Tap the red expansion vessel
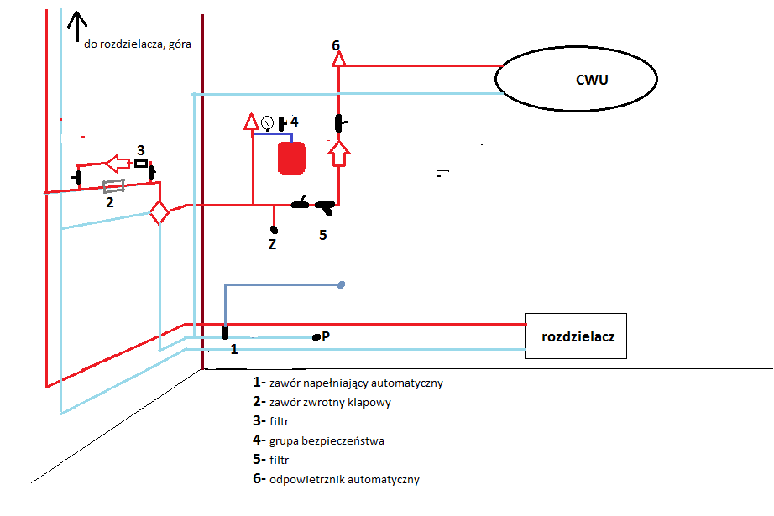point(292,158)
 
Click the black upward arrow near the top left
point(77,26)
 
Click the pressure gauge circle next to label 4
point(267,122)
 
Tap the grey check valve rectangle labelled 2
point(113,186)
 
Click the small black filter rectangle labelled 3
point(141,164)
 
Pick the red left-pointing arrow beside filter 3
point(118,164)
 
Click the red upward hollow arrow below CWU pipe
point(338,154)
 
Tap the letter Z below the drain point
point(272,244)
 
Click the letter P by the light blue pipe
point(325,336)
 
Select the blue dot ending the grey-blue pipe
point(341,284)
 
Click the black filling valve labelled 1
point(225,333)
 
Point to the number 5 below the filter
point(323,235)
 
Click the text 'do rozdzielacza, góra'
point(137,44)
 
